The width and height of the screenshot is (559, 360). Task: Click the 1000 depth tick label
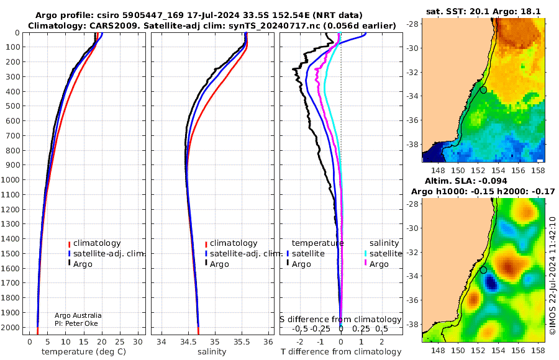tap(10, 179)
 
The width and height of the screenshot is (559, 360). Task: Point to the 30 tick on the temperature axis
tap(138, 342)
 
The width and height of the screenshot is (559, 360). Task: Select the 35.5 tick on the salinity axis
tap(242, 342)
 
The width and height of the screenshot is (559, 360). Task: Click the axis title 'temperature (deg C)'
tap(84, 352)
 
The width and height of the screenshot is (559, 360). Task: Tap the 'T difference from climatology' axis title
tap(341, 352)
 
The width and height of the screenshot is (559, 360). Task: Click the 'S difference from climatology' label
tap(340, 320)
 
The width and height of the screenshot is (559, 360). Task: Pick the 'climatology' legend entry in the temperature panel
tap(94, 243)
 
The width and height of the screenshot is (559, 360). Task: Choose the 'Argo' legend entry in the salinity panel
tap(217, 264)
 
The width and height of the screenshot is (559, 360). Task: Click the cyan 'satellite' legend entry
tap(383, 253)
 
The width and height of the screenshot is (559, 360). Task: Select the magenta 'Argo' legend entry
tap(376, 264)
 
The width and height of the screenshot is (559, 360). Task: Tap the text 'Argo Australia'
tap(78, 315)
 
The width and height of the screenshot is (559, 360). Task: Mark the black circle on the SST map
tap(483, 90)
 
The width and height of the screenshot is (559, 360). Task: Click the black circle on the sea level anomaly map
tap(483, 270)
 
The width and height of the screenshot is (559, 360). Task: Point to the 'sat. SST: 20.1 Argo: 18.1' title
tap(483, 11)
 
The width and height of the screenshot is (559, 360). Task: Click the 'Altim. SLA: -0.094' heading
tap(466, 181)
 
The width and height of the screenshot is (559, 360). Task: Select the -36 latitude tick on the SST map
tap(413, 120)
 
